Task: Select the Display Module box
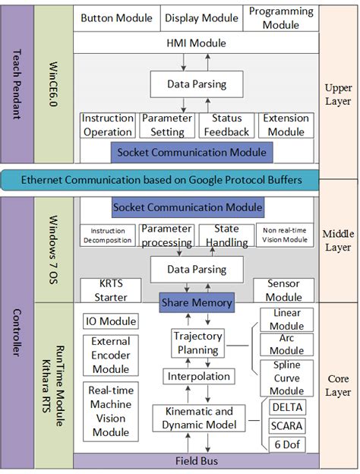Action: point(201,17)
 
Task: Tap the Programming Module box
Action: point(280,17)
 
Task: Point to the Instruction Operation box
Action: point(108,125)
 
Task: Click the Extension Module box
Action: point(285,125)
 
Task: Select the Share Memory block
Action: point(195,302)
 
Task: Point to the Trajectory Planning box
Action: point(197,343)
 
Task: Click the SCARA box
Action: point(286,425)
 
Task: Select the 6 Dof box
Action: point(286,444)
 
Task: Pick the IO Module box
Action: point(110,321)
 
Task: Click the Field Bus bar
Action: point(195,461)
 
